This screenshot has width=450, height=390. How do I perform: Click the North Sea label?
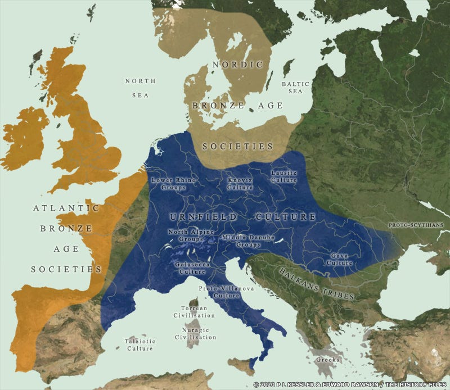tap(140, 88)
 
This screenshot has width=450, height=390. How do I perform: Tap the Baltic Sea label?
tap(295, 87)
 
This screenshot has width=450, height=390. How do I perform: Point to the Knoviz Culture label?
tap(240, 184)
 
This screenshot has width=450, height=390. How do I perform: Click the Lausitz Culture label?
tap(283, 176)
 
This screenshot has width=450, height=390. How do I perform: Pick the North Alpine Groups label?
tap(186, 235)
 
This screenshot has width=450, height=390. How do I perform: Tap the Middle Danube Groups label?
tap(248, 241)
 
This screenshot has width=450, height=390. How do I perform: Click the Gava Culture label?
tap(339, 259)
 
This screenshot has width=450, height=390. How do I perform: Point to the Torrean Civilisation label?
tap(194, 312)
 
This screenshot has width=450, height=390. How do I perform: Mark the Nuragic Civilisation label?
tap(195, 334)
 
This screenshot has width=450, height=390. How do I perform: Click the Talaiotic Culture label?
tap(139, 344)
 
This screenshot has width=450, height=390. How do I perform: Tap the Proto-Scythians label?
tap(416, 225)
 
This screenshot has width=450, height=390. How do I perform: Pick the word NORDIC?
tap(237, 65)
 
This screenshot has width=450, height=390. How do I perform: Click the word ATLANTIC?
tap(66, 208)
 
